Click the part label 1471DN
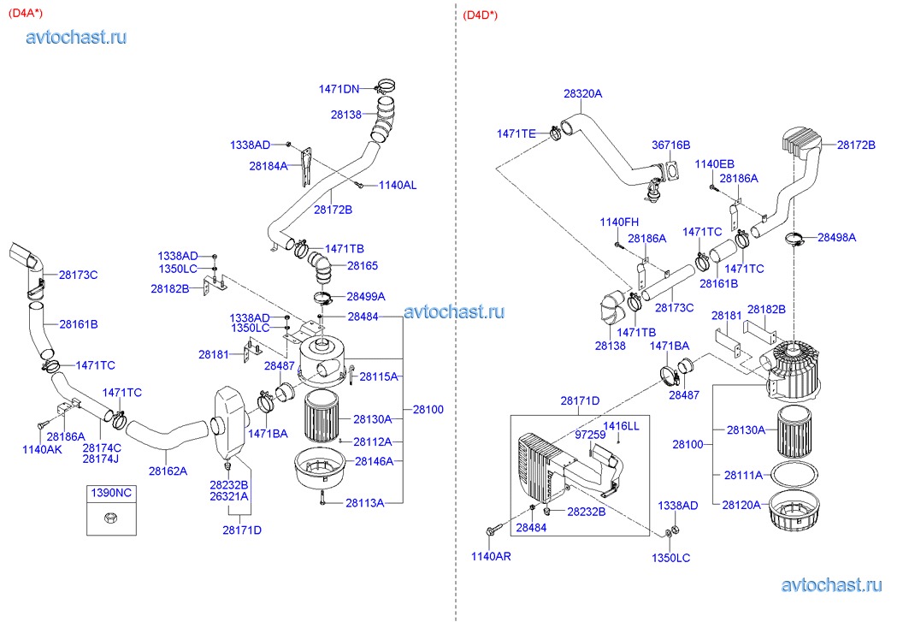pyautogui.click(x=339, y=89)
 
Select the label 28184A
pyautogui.click(x=269, y=166)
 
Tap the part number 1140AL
pyautogui.click(x=398, y=185)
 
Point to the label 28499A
pyautogui.click(x=366, y=297)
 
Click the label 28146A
pyautogui.click(x=374, y=461)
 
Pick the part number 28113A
pyautogui.click(x=364, y=503)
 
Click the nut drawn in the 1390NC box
pyautogui.click(x=110, y=518)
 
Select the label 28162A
pyautogui.click(x=168, y=471)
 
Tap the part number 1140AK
pyautogui.click(x=42, y=449)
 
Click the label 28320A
pyautogui.click(x=582, y=93)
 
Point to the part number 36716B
pyautogui.click(x=670, y=145)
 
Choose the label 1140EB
pyautogui.click(x=714, y=164)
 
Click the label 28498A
pyautogui.click(x=836, y=237)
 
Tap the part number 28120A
pyautogui.click(x=741, y=505)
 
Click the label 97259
pyautogui.click(x=590, y=435)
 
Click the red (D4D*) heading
pyautogui.click(x=480, y=15)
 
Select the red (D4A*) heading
pyautogui.click(x=26, y=14)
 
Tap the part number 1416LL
pyautogui.click(x=621, y=426)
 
